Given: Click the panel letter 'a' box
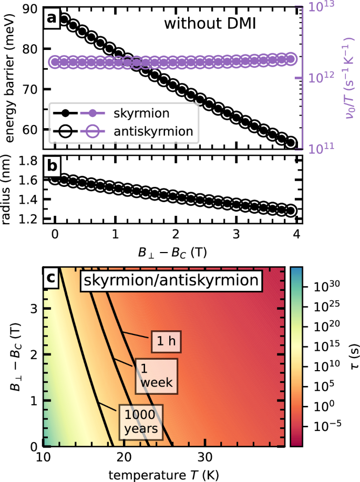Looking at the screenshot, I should click(x=52, y=18).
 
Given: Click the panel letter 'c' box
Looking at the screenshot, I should click(x=52, y=278).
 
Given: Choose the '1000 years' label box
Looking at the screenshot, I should click(x=140, y=422).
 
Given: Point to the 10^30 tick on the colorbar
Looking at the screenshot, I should click(x=326, y=287).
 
